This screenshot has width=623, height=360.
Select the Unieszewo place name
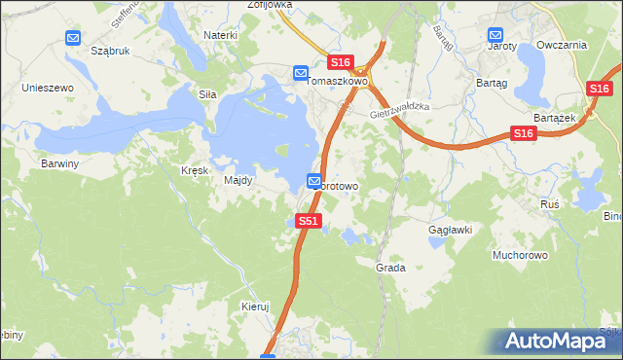pyautogui.click(x=49, y=88)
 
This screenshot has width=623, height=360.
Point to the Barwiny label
pyautogui.click(x=59, y=163)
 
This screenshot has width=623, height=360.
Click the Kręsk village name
pyautogui.click(x=195, y=169)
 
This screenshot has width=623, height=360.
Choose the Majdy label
pyautogui.click(x=238, y=180)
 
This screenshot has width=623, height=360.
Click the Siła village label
pyautogui.click(x=206, y=94)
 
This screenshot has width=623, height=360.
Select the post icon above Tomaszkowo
pyautogui.click(x=301, y=72)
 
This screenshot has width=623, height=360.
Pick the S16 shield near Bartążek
pyautogui.click(x=524, y=132)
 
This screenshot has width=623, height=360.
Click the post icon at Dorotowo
pyautogui.click(x=315, y=181)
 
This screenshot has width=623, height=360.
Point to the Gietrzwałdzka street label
pyautogui.click(x=400, y=113)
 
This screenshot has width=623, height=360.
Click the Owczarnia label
pyautogui.click(x=568, y=45)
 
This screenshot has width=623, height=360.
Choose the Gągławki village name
pyautogui.click(x=451, y=230)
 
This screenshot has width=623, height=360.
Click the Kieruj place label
pyautogui.click(x=254, y=306)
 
